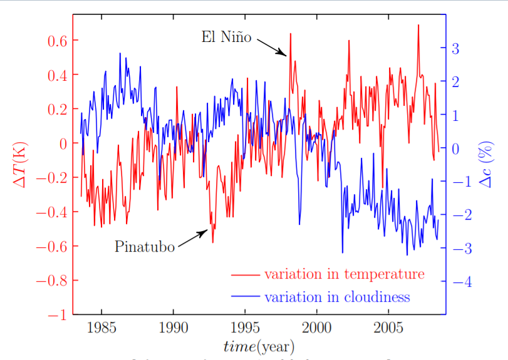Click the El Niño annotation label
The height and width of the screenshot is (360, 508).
[226, 38]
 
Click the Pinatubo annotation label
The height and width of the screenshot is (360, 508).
[145, 247]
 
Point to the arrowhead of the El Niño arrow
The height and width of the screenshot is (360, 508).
[286, 55]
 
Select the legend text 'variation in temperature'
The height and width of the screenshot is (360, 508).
[344, 274]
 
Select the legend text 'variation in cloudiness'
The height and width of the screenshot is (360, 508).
[336, 296]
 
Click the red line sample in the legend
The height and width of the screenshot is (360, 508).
[246, 275]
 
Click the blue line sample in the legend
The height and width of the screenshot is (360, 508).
[246, 297]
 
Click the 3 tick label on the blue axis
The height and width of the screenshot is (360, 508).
[455, 48]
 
